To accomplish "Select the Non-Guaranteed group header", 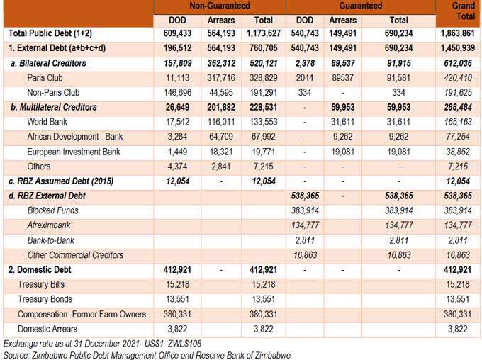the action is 220,6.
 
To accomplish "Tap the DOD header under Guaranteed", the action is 305,21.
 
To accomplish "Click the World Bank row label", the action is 47,122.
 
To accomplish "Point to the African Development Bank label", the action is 74,137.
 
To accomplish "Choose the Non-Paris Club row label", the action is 53,93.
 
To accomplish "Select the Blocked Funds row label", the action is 53,210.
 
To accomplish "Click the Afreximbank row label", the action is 49,225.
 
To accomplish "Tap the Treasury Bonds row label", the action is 45,299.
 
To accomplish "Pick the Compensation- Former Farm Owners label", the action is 82,314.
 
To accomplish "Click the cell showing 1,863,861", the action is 458,33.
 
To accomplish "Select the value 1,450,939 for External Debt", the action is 458,48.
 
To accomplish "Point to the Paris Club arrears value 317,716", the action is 221,78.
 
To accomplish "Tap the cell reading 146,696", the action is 177,93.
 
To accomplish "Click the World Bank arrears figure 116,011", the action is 221,122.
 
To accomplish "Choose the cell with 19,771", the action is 264,152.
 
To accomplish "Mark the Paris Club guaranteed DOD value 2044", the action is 305,78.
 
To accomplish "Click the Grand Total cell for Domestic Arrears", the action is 458,329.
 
